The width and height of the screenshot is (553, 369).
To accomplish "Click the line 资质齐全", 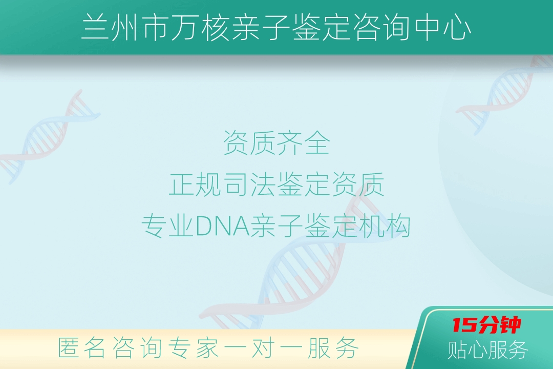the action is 276,143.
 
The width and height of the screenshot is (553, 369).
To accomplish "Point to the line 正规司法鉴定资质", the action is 276,184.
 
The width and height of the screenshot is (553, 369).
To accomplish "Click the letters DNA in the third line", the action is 222,226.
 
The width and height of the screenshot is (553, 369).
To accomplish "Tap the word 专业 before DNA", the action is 168,226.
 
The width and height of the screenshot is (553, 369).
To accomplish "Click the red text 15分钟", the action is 487,325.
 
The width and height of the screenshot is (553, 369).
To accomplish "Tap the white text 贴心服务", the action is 488,350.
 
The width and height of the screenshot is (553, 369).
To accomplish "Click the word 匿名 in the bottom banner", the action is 81,348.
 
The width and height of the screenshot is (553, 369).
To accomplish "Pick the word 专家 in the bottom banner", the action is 193,348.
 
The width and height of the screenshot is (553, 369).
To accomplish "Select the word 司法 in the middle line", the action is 250,184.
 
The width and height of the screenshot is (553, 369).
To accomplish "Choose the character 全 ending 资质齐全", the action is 317,143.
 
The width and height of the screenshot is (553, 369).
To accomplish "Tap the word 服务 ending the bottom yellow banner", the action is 333,348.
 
